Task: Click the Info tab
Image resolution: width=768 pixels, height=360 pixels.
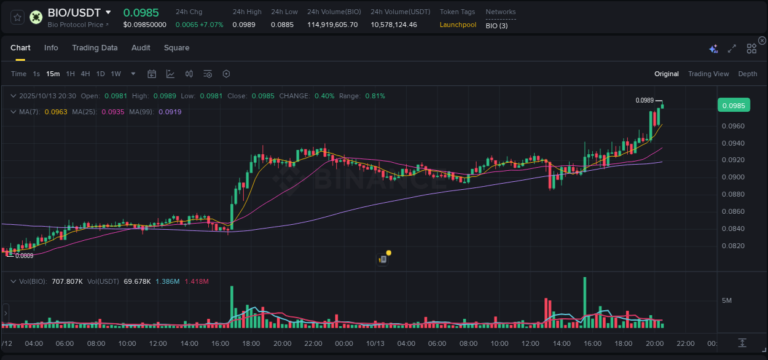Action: click(x=51, y=48)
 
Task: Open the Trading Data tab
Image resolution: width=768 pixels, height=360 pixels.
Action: click(x=95, y=48)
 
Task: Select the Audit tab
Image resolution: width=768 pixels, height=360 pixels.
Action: click(x=141, y=48)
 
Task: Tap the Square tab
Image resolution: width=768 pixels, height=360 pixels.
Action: click(x=176, y=48)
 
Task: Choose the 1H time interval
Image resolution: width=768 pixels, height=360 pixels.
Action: click(x=70, y=74)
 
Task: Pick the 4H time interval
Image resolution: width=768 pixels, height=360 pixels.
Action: click(x=85, y=74)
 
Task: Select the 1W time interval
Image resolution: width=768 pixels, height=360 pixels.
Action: click(x=116, y=74)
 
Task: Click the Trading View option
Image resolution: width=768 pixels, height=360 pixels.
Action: click(x=708, y=74)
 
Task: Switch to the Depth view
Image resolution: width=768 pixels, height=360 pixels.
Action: click(x=748, y=74)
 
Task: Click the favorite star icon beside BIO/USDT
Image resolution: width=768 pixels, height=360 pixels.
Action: click(x=18, y=17)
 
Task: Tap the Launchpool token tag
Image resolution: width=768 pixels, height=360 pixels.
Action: click(x=458, y=25)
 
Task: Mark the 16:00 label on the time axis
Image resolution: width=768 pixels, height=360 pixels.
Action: click(x=220, y=343)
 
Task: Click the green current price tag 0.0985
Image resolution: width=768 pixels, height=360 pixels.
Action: click(x=734, y=106)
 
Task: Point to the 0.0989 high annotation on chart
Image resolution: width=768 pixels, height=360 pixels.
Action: click(x=645, y=100)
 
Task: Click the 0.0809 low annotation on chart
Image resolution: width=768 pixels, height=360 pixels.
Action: click(x=25, y=256)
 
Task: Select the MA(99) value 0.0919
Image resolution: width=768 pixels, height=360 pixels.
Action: click(x=170, y=112)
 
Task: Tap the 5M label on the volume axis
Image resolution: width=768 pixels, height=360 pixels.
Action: click(x=726, y=300)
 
